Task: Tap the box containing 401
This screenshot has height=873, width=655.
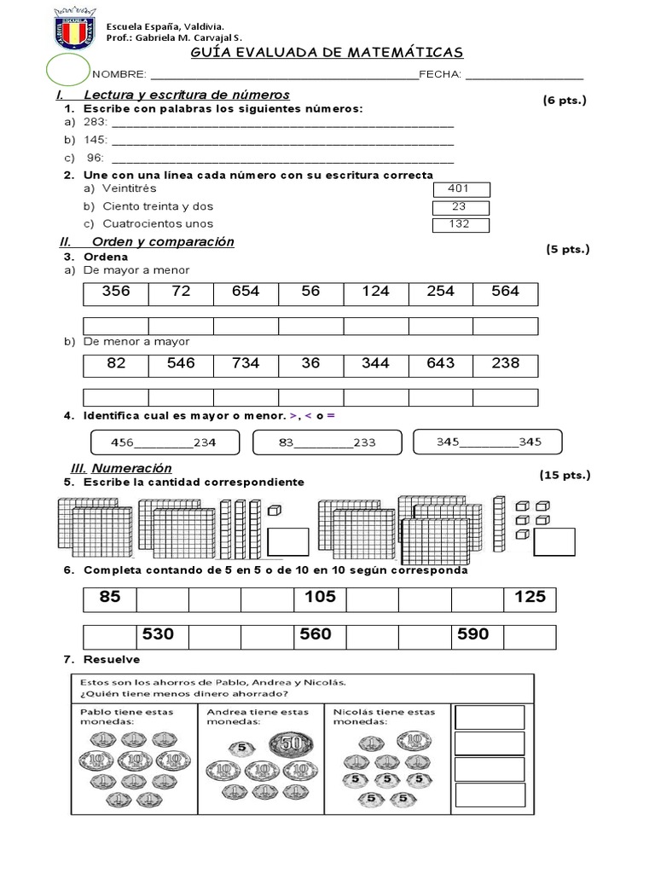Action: click(x=461, y=189)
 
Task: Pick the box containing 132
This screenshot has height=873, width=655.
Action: click(x=461, y=225)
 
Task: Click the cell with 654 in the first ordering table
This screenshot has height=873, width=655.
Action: click(x=246, y=292)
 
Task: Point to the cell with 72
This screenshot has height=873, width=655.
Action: click(x=181, y=292)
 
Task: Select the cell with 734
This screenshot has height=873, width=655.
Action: click(x=246, y=364)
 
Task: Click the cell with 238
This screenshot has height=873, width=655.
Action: click(x=506, y=364)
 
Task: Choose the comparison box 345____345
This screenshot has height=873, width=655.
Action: click(x=488, y=442)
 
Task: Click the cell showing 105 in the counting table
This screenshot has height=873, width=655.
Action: click(x=320, y=598)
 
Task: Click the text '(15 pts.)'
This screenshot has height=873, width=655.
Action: click(x=565, y=474)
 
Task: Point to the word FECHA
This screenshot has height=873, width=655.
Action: click(x=441, y=74)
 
